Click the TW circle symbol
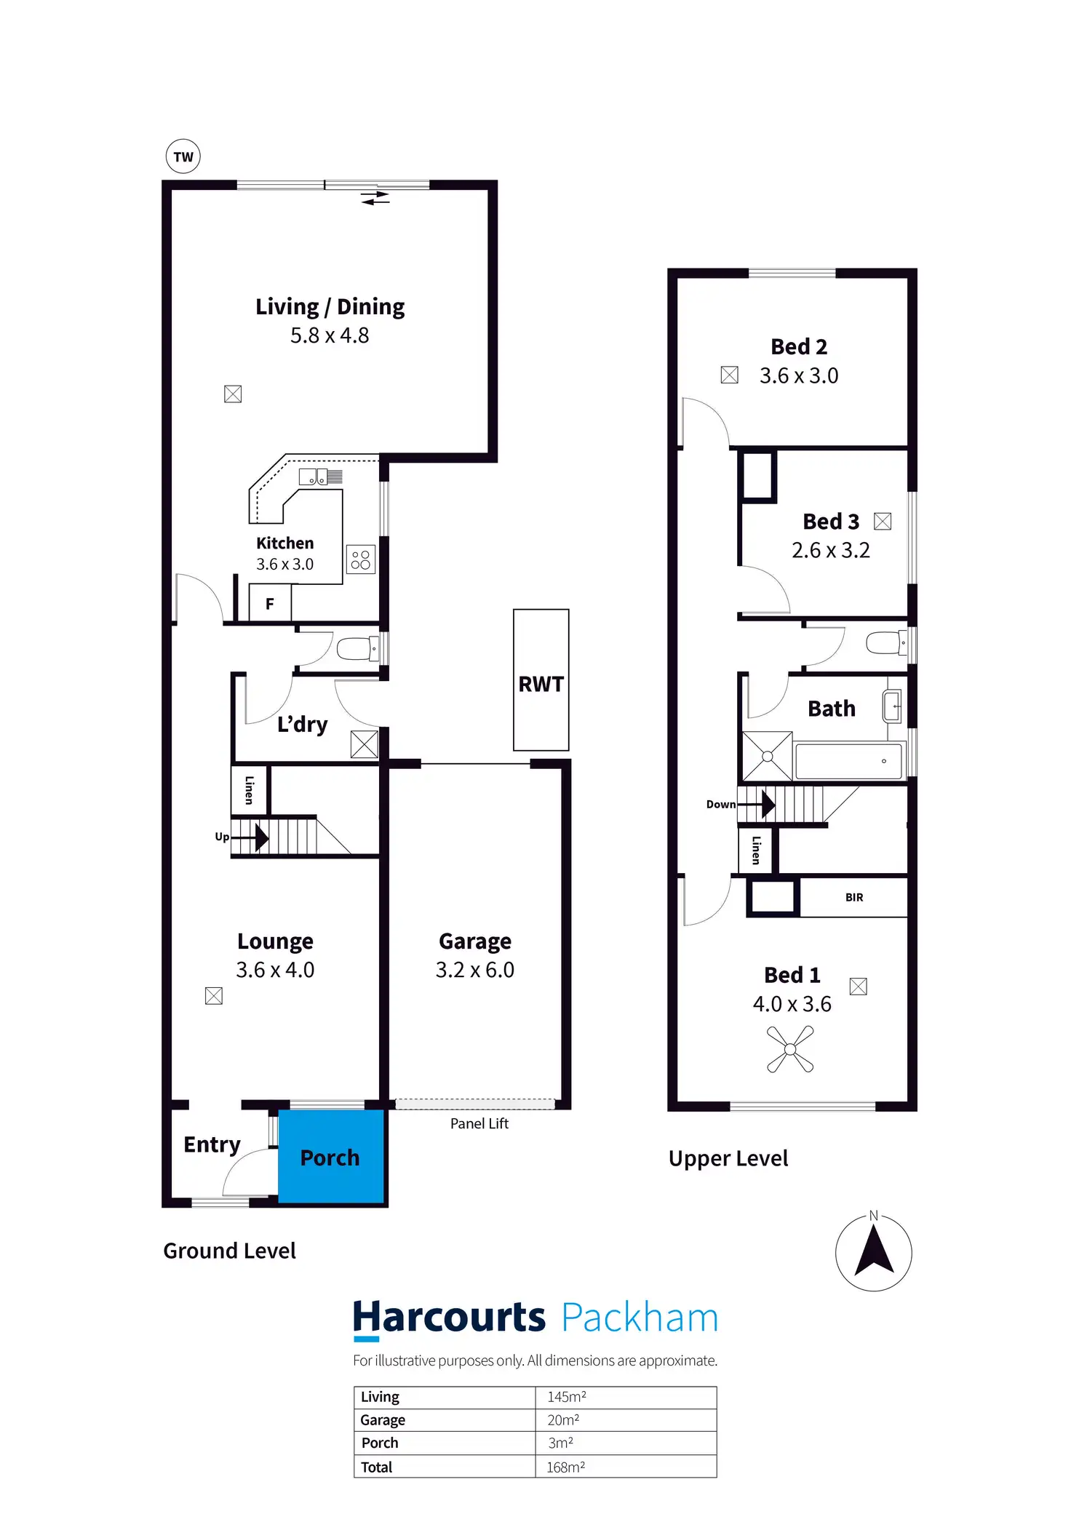coord(183,156)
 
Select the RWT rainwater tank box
coord(541,680)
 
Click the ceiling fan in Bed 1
coord(790,1049)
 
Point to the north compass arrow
coord(874,1249)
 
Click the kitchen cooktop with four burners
coord(361,559)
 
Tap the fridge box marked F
coord(270,603)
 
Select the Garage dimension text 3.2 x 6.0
coord(474,970)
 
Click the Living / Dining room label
coord(330,307)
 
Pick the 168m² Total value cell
coord(566,1467)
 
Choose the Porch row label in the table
coord(380,1443)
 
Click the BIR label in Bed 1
coord(854,897)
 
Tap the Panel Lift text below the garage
coord(479,1123)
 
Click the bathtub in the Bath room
coord(848,761)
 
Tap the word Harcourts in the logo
coord(449,1318)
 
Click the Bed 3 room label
coord(831,522)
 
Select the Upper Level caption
coord(728,1158)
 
